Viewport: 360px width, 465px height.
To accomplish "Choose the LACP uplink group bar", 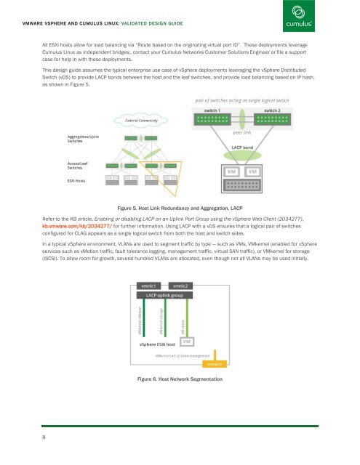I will (167, 296).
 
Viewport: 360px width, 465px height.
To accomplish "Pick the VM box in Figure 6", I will (187, 341).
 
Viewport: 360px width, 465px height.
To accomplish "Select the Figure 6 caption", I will (180, 379).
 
